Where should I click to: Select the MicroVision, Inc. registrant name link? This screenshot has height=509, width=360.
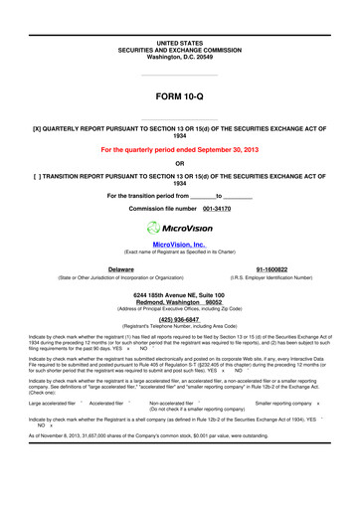click(179, 243)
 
